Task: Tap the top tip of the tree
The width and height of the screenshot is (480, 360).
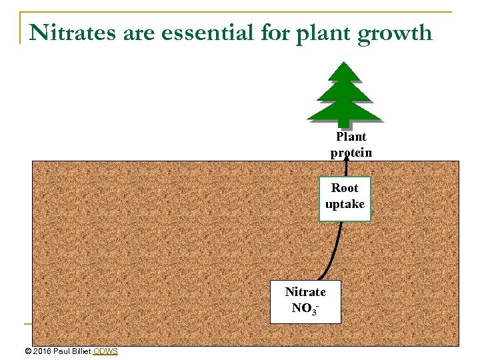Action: (344, 63)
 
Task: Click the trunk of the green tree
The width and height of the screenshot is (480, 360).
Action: (344, 123)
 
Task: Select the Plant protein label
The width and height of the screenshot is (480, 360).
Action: (351, 145)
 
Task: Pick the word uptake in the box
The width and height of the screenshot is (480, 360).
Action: (345, 205)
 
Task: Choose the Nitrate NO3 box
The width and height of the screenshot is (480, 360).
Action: (305, 301)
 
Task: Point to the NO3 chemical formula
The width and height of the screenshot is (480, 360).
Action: (305, 309)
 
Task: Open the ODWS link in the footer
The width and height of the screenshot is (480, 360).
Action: (105, 351)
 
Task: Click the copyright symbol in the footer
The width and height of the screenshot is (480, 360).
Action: (27, 351)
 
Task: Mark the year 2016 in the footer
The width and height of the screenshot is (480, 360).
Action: (42, 351)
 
